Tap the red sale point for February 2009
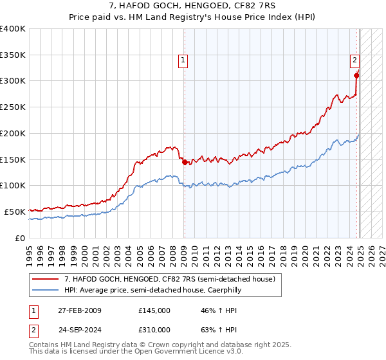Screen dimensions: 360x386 point(185,162)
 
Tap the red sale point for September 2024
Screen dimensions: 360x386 point(357,75)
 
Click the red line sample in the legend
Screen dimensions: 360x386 point(46,279)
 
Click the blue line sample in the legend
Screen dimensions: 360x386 point(46,290)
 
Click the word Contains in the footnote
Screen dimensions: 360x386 point(44,345)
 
